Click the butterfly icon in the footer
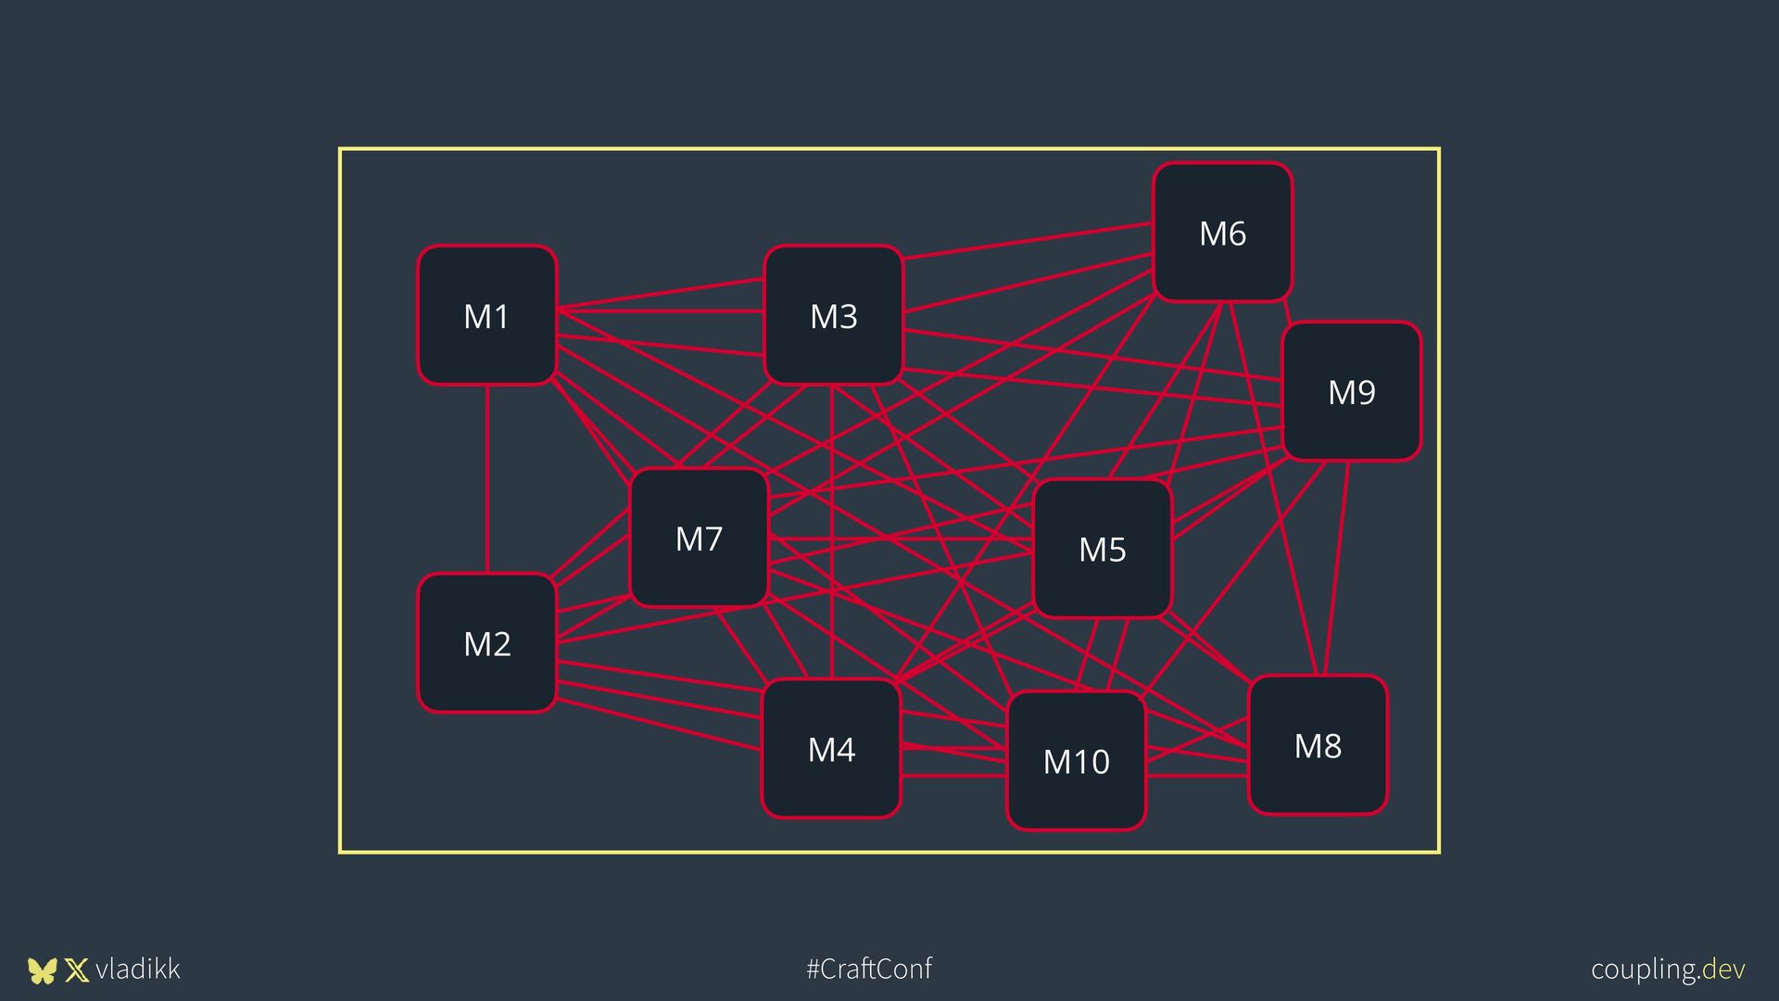[x=42, y=970]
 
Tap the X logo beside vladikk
[x=77, y=970]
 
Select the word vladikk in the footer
[x=137, y=969]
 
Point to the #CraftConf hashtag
[x=869, y=969]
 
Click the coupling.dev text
[x=1668, y=969]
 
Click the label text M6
[x=1222, y=234]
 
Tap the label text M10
[x=1076, y=762]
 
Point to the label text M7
[x=699, y=539]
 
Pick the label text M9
[x=1351, y=392]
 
